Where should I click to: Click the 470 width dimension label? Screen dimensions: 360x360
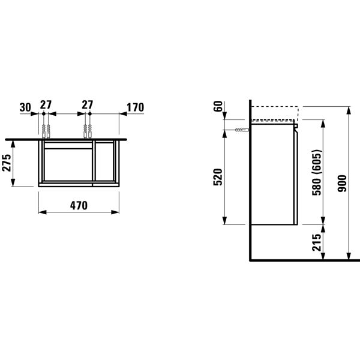click(x=79, y=205)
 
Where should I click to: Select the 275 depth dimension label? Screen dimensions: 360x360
click(x=7, y=163)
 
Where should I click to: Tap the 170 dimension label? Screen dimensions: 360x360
click(x=135, y=107)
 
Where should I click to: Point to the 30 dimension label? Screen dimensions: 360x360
click(x=25, y=107)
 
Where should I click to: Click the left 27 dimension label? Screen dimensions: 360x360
click(x=46, y=105)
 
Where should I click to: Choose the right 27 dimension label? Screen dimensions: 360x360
click(x=88, y=105)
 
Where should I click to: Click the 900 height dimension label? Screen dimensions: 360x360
click(x=342, y=183)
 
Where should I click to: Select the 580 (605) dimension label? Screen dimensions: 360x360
click(x=317, y=172)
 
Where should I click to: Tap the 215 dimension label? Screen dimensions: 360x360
click(x=316, y=242)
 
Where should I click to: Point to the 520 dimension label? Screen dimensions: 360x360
click(x=218, y=177)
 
